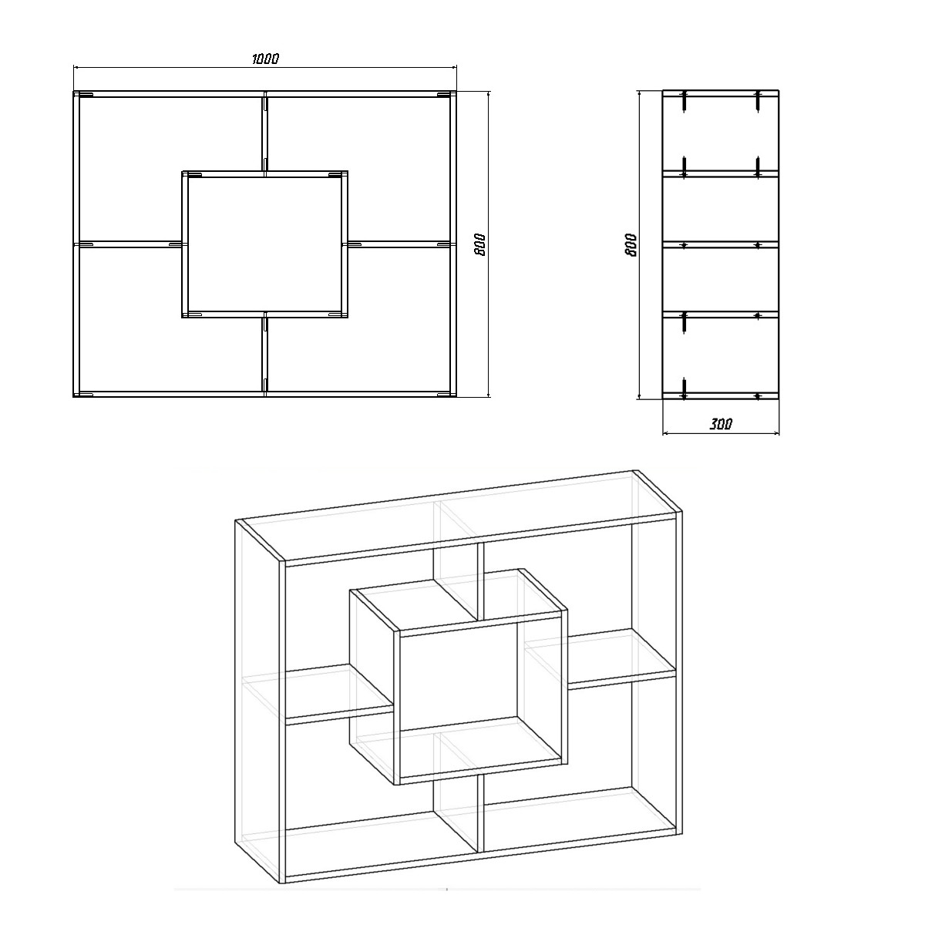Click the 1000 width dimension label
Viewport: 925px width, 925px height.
pos(265,59)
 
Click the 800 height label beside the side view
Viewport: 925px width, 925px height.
pos(631,245)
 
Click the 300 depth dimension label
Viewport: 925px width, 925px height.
pos(721,424)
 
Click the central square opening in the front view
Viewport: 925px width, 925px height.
pos(265,244)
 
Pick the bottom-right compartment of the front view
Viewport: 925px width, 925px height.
pos(358,318)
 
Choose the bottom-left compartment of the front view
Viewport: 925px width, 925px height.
pos(170,318)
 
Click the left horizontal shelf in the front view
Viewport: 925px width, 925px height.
pos(128,244)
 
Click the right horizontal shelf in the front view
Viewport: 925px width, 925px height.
pos(402,244)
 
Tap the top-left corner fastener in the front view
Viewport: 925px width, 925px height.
pos(85,95)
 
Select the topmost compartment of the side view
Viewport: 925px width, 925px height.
pos(721,133)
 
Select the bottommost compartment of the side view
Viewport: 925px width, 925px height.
pos(721,355)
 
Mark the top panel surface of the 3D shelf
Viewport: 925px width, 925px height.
pos(457,515)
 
